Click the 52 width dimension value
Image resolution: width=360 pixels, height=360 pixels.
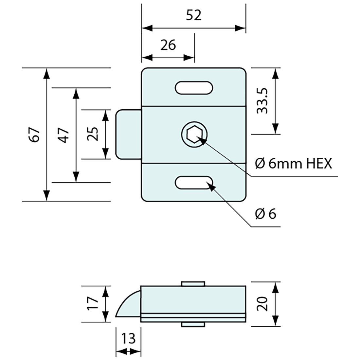point(194,15)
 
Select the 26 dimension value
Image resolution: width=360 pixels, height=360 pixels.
point(168,45)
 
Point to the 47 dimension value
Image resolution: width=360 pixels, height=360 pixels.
point(64,135)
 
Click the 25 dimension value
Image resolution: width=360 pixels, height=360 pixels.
point(93,134)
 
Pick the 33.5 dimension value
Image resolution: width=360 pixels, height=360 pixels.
point(262,101)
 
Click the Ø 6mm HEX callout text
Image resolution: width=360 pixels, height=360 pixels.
point(293,163)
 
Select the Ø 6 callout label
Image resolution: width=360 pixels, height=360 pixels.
point(266,214)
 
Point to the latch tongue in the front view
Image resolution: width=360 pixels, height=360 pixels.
point(129,134)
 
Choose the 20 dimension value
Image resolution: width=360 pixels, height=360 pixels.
point(263,304)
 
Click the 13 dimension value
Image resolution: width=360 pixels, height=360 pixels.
point(128,338)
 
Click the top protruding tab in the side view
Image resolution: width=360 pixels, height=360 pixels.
point(193,283)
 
